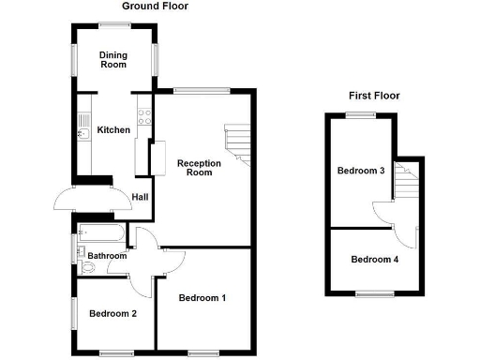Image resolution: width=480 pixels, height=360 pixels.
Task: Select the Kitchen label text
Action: point(114,130)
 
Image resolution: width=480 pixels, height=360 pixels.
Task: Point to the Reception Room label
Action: point(200,168)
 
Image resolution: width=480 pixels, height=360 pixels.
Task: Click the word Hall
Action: point(140,197)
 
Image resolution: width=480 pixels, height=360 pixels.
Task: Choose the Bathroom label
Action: point(107,255)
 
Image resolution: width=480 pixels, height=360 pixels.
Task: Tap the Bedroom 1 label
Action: point(203,298)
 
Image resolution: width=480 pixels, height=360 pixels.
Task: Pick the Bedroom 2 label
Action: point(112,313)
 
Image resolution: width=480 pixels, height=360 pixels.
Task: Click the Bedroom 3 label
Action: point(361,171)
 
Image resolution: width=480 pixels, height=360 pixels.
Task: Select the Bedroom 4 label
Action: point(374,260)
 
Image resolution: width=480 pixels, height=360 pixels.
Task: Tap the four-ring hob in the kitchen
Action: point(144,117)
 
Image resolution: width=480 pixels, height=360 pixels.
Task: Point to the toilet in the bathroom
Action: point(87,267)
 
